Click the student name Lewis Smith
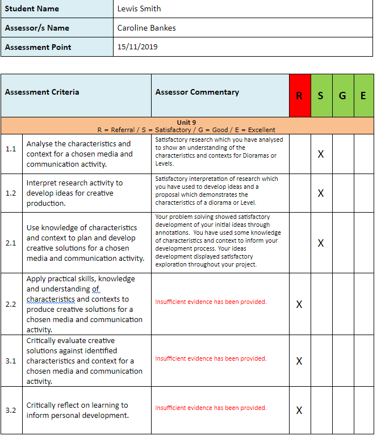139,9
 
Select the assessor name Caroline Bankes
146,28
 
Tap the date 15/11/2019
137,47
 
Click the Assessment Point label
38,47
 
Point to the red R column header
299,96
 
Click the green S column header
321,96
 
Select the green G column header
342,96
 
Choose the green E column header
363,96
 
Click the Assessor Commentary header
197,92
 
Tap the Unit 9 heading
186,122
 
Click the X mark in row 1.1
321,154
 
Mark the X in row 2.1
321,243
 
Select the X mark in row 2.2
299,305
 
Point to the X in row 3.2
299,411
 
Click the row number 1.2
11,193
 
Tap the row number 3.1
11,361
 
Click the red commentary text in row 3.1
211,358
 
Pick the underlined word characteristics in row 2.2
51,299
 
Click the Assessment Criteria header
42,92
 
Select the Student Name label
32,9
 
